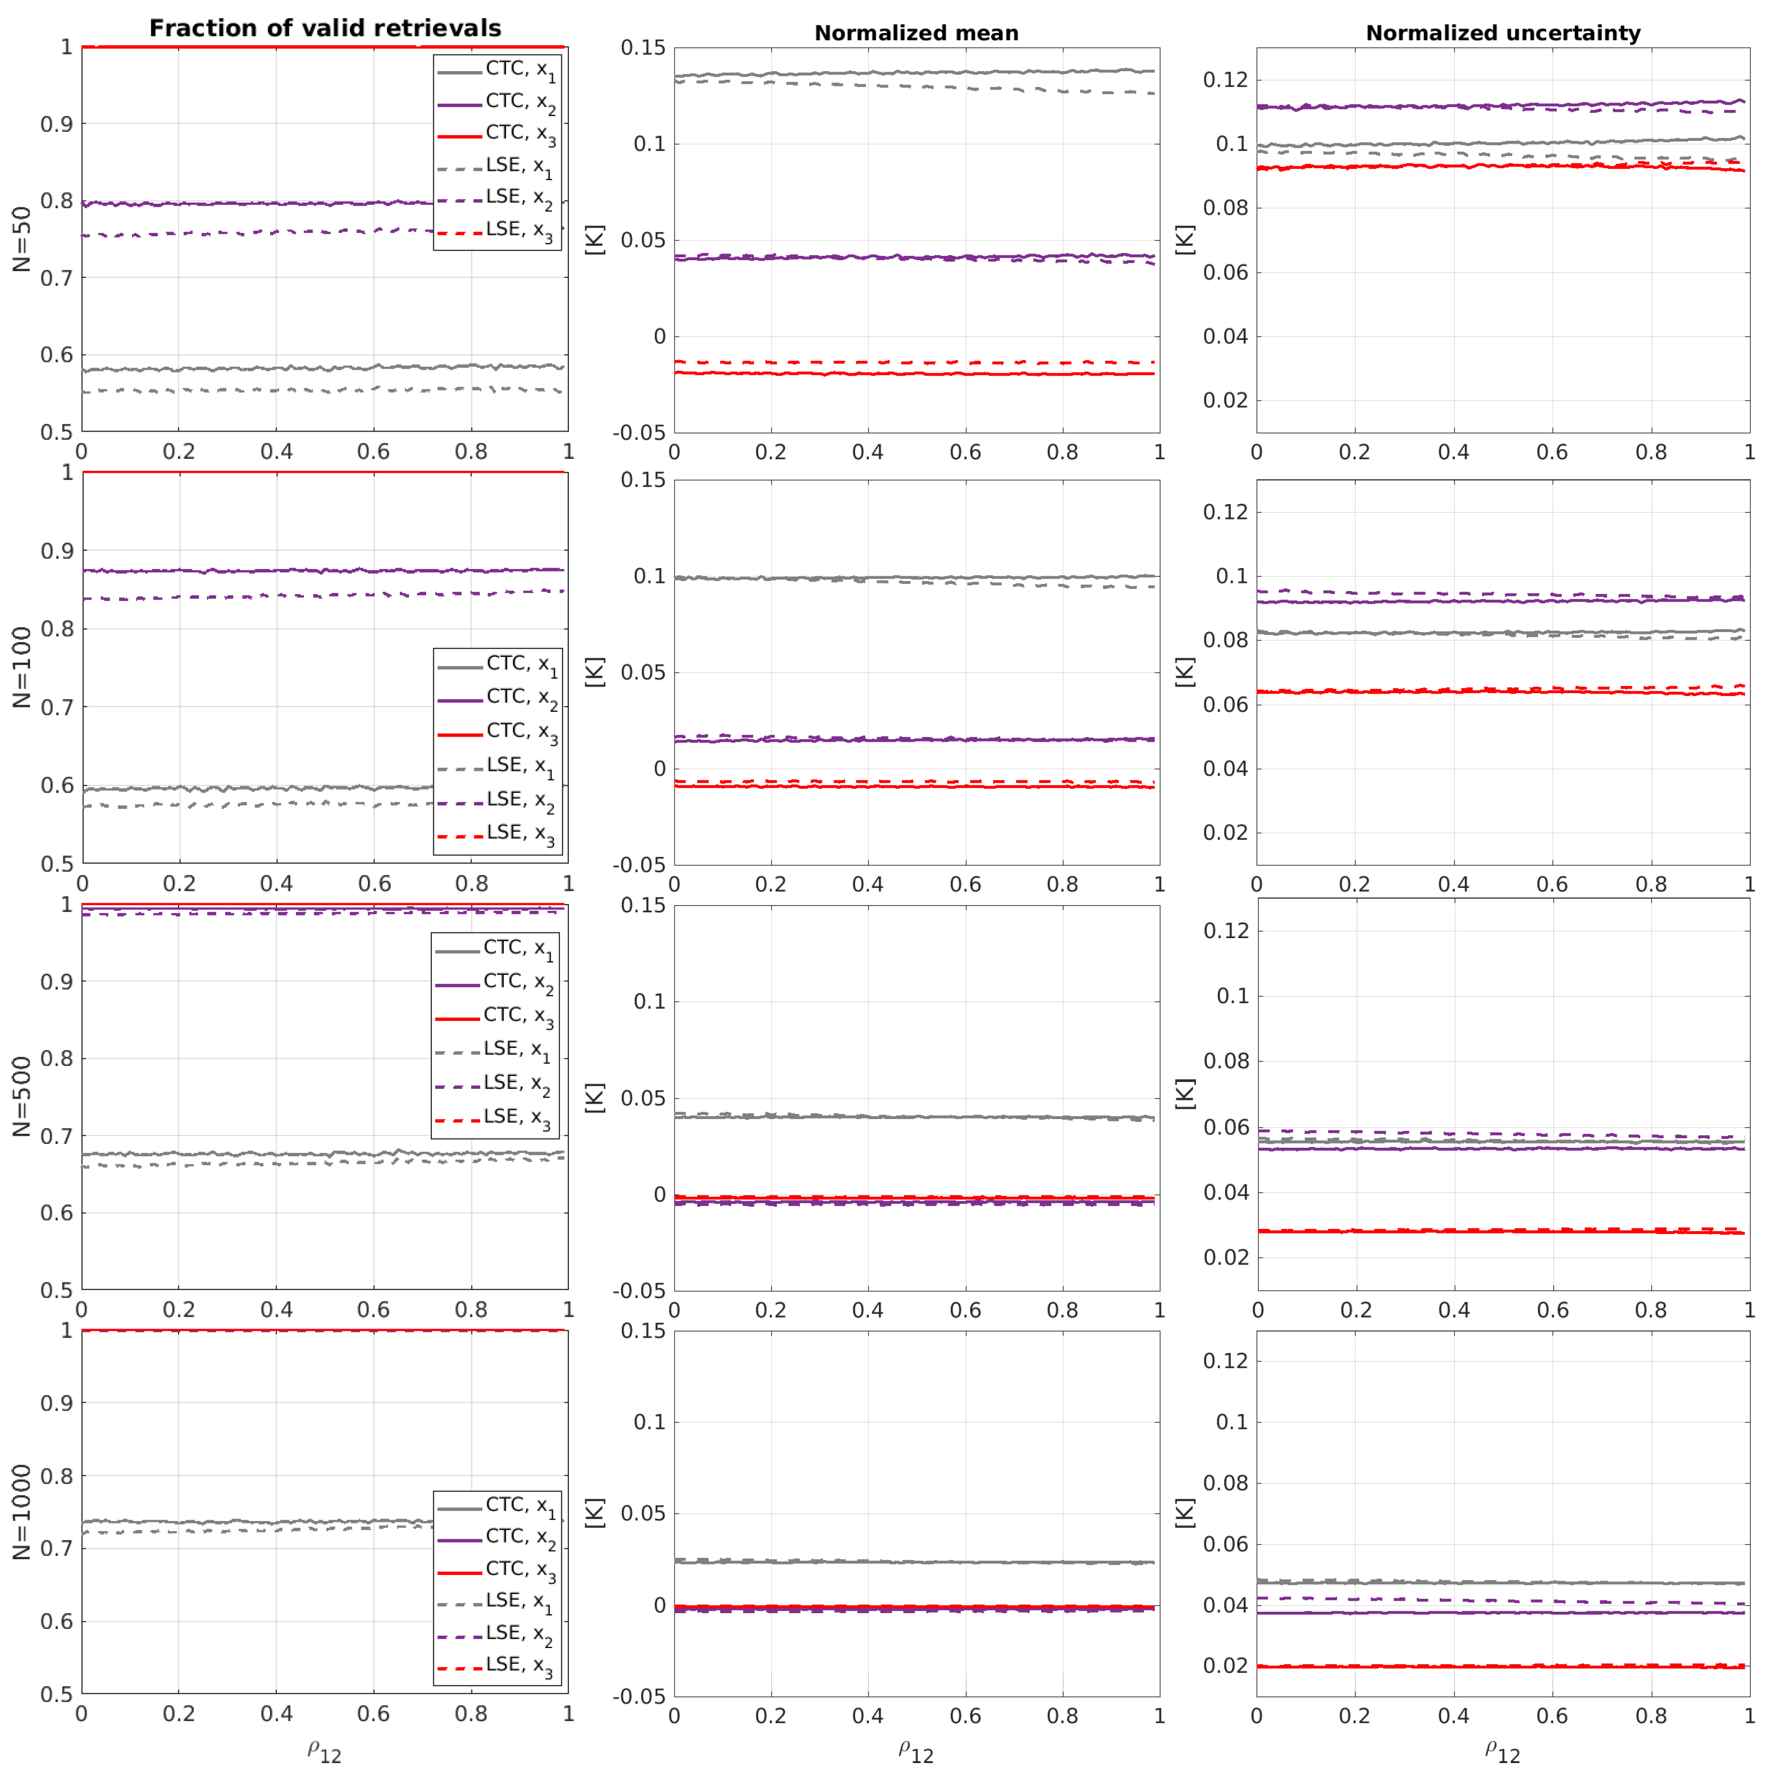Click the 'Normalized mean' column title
tap(916, 33)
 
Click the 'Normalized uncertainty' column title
tap(1503, 33)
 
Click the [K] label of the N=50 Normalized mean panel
tap(595, 239)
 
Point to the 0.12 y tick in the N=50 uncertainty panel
tap(1225, 80)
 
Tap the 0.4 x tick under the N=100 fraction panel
tap(276, 884)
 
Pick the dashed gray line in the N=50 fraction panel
tap(275, 391)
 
